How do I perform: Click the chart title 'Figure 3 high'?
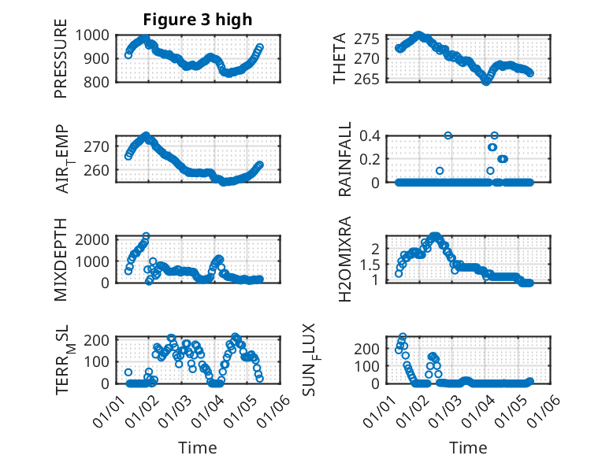[x=198, y=20]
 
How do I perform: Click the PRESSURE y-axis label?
[x=61, y=65]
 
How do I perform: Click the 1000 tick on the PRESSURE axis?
[x=95, y=35]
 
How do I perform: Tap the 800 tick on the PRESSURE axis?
[x=99, y=82]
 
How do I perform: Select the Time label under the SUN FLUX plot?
[x=468, y=447]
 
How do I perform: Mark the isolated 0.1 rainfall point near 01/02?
[x=440, y=171]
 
